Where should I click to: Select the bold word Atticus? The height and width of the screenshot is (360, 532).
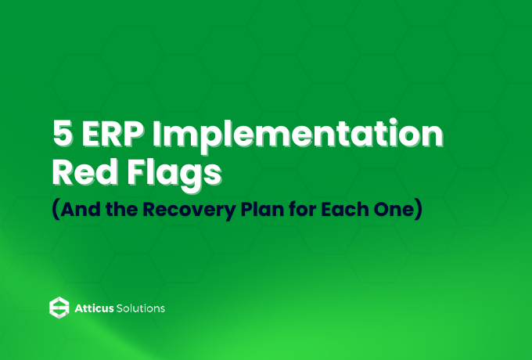click(x=94, y=308)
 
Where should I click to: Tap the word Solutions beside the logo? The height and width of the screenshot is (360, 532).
click(x=142, y=308)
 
